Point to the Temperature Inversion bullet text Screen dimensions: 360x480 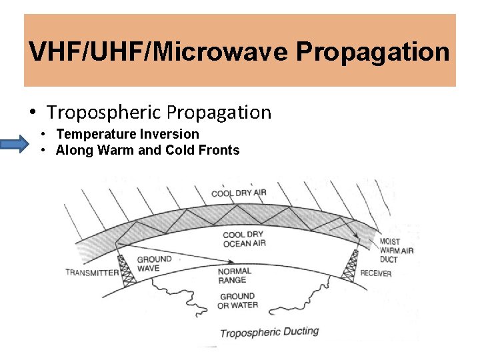pyautogui.click(x=127, y=134)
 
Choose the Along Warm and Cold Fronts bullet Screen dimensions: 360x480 pyautogui.click(x=147, y=150)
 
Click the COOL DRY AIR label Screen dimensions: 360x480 pyautogui.click(x=239, y=193)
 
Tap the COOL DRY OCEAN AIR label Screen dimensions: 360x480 pyautogui.click(x=244, y=239)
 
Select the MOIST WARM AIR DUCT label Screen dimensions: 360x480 pyautogui.click(x=397, y=250)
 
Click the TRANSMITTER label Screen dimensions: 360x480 pyautogui.click(x=92, y=272)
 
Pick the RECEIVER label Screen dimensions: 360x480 pyautogui.click(x=375, y=273)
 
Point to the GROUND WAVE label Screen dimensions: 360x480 pyautogui.click(x=154, y=264)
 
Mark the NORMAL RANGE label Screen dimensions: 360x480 pyautogui.click(x=235, y=276)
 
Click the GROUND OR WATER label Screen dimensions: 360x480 pyautogui.click(x=237, y=301)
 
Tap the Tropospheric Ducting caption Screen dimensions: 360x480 pyautogui.click(x=269, y=332)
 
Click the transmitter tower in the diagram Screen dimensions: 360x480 pyautogui.click(x=126, y=269)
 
